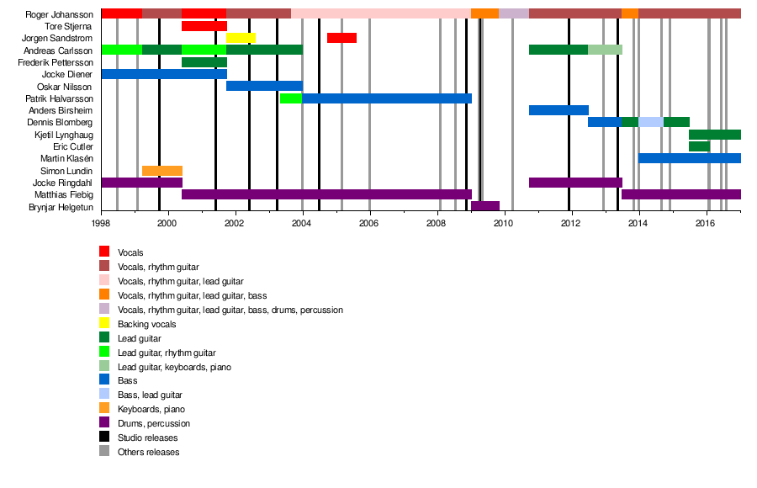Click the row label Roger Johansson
(x=60, y=14)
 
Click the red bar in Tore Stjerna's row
(x=204, y=26)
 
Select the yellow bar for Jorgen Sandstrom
(x=241, y=38)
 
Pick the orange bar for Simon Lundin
(x=162, y=171)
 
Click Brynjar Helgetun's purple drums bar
(x=485, y=206)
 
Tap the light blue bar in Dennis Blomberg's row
(x=651, y=122)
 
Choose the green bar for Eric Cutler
(x=699, y=146)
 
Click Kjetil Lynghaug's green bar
(x=715, y=135)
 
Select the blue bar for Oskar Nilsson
(x=264, y=86)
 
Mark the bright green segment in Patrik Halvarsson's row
(x=291, y=98)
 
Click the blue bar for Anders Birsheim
(x=558, y=110)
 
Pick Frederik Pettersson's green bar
(x=204, y=62)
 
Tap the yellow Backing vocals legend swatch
(x=104, y=324)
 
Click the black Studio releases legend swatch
(x=104, y=438)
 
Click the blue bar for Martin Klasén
(x=690, y=158)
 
